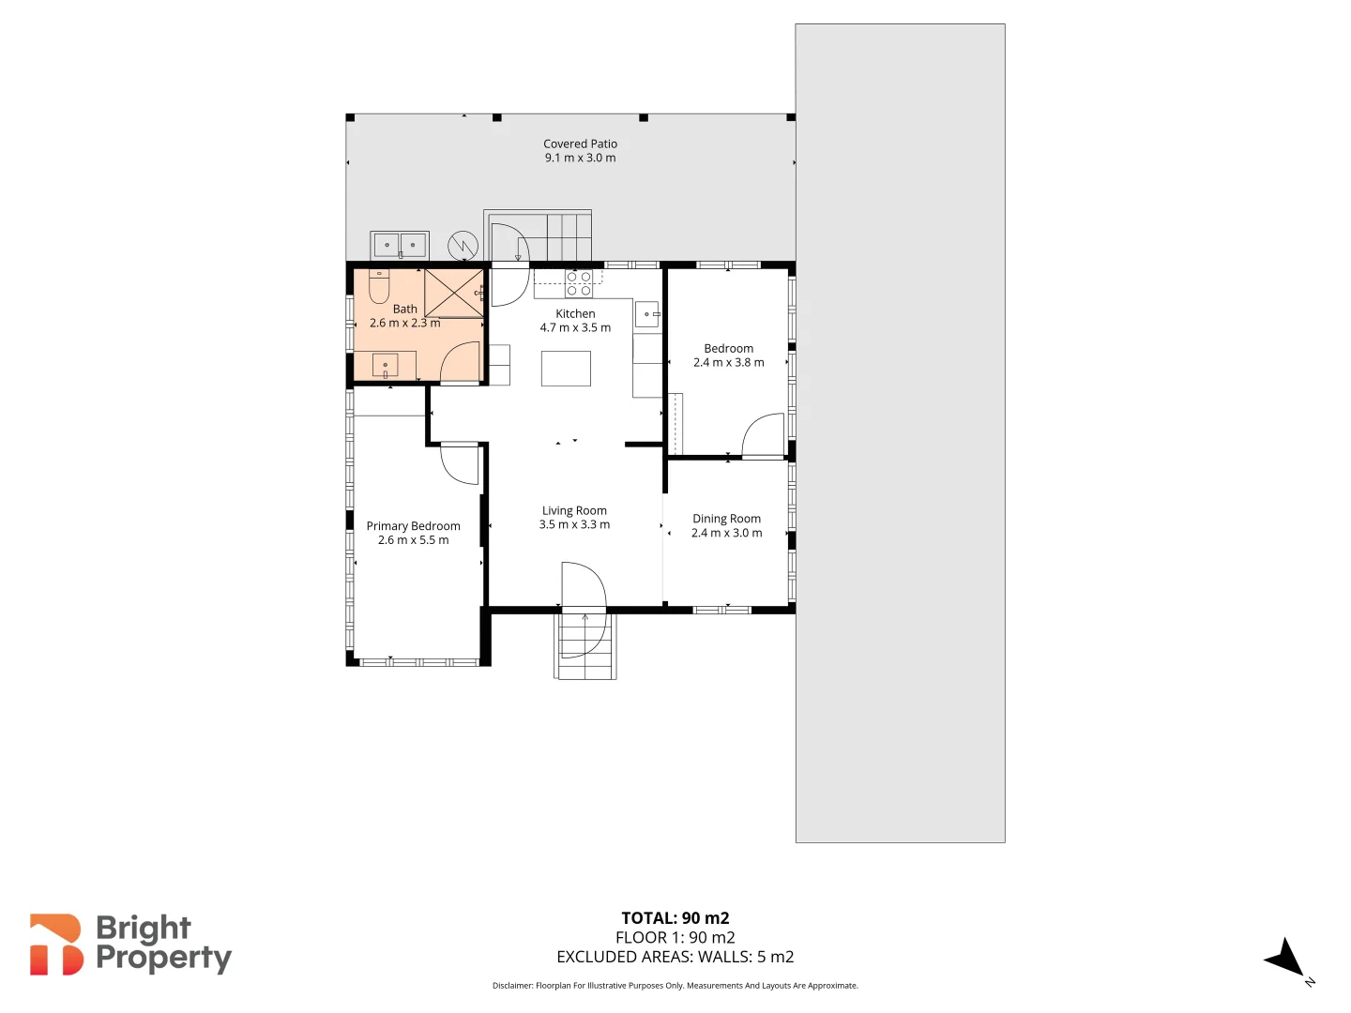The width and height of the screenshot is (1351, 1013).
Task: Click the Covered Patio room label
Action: point(580,144)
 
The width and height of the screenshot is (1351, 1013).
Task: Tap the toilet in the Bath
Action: point(379,286)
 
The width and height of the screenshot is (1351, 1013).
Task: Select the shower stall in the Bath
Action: point(454,293)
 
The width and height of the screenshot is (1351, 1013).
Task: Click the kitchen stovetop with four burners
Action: point(579,283)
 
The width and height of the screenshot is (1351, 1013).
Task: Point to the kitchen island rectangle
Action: point(566,369)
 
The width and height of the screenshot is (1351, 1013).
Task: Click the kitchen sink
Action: point(647,314)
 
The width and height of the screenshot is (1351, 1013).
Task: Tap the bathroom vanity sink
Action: point(385,365)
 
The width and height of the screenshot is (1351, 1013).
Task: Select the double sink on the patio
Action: point(400,245)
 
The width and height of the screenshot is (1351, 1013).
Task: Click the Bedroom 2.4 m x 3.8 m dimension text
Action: point(729,363)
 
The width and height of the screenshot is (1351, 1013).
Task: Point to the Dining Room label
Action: point(726,519)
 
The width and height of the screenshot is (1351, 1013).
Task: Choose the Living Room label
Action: point(574,511)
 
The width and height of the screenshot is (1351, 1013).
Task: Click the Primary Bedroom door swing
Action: point(461,464)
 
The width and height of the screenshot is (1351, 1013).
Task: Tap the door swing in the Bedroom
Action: point(764,434)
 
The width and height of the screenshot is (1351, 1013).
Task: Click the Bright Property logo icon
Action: point(56,945)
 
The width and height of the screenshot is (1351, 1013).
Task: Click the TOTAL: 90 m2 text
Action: point(675,918)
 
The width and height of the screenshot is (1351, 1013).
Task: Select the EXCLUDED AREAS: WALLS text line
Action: point(675,957)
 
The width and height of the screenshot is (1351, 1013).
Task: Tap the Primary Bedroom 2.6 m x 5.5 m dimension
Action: point(414,540)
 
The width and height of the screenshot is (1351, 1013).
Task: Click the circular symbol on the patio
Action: point(463,246)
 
